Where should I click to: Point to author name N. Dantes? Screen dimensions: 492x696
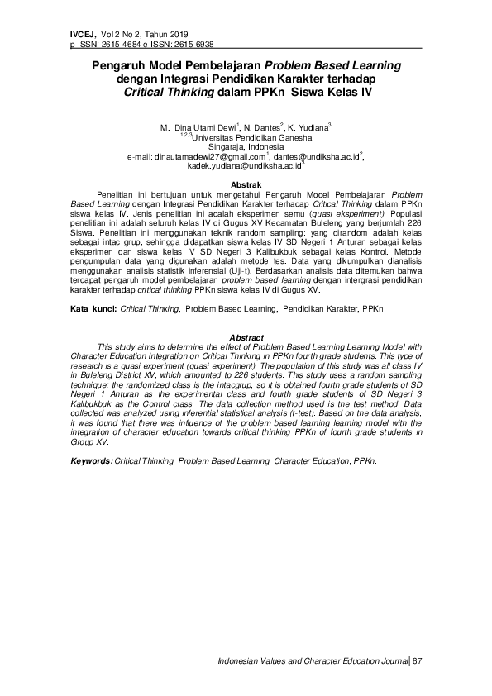pyautogui.click(x=262, y=128)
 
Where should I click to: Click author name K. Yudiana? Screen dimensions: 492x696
pyautogui.click(x=308, y=128)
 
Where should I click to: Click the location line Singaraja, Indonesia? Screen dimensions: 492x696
pyautogui.click(x=246, y=146)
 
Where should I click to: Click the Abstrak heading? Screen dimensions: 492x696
pyautogui.click(x=246, y=184)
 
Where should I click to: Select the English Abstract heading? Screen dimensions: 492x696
pyautogui.click(x=246, y=338)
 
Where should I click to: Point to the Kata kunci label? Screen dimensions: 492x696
pyautogui.click(x=92, y=307)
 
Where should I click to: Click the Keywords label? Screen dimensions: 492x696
pyautogui.click(x=91, y=460)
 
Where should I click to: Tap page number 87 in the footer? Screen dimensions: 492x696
pyautogui.click(x=417, y=661)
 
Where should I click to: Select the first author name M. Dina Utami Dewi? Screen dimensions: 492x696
pyautogui.click(x=197, y=128)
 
